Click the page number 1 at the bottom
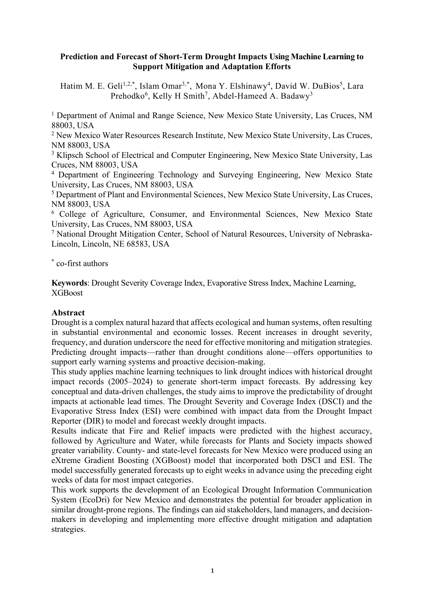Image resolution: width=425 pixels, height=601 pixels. (212, 571)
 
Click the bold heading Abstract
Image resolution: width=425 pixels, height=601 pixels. (68, 313)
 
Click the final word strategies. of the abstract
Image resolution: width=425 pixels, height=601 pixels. (68, 529)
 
